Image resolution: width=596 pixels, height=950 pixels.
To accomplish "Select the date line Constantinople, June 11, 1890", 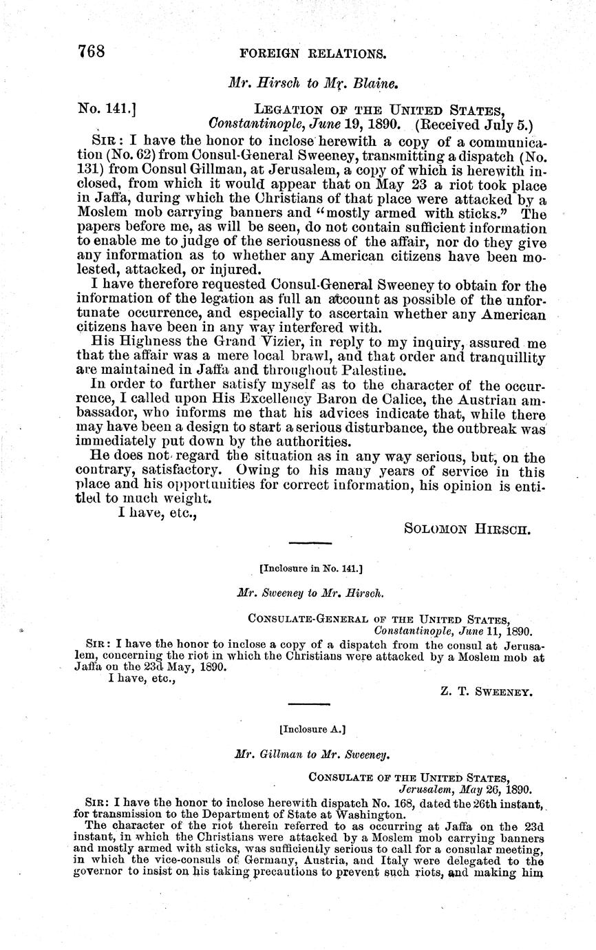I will (453, 629).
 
